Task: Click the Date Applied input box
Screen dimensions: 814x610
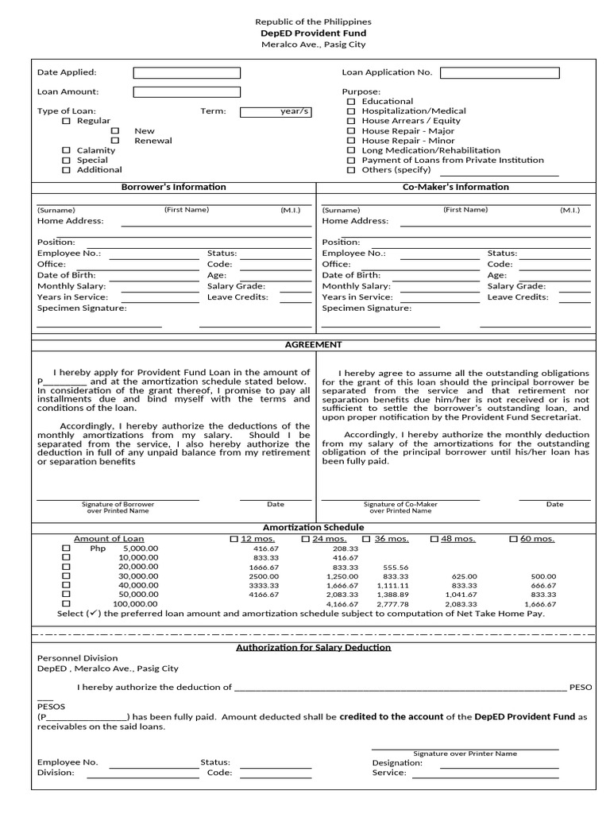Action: (187, 72)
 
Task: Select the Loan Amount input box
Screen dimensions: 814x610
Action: (187, 91)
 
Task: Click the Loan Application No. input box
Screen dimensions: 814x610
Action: (500, 72)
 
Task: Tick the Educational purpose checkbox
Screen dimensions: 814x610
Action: (351, 102)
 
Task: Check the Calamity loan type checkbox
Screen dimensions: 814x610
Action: (67, 150)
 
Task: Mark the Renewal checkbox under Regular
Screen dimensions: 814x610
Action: (115, 141)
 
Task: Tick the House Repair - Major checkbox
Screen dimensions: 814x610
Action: (351, 131)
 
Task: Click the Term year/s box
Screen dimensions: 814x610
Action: (276, 112)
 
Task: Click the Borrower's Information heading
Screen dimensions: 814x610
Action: (173, 188)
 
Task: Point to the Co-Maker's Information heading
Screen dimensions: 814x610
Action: (456, 188)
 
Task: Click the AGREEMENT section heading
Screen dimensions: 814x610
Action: (313, 345)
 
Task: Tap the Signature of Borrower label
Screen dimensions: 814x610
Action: (118, 505)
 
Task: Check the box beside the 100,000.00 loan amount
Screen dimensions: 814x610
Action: (66, 604)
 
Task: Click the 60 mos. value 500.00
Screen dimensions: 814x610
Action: (543, 576)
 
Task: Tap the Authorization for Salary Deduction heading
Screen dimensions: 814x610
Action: (313, 647)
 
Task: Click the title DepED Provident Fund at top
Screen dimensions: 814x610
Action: (313, 34)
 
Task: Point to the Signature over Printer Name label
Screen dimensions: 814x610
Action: (465, 754)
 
